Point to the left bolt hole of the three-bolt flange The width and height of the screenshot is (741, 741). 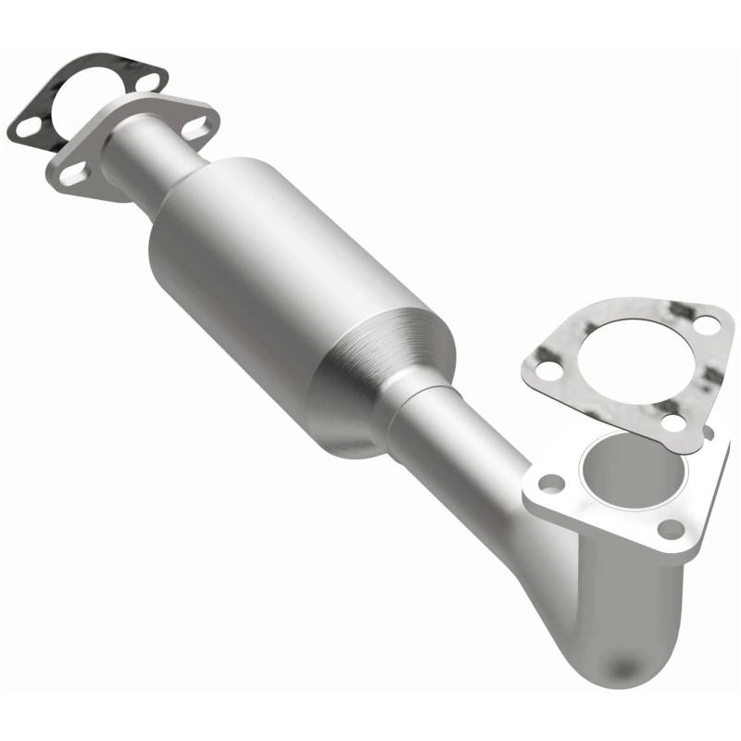[553, 484]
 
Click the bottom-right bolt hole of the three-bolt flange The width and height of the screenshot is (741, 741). [672, 530]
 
